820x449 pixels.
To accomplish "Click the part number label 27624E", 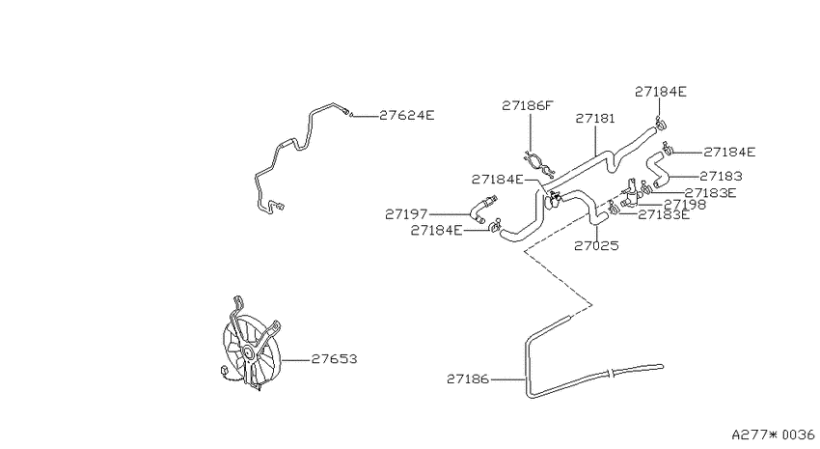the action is pos(406,115).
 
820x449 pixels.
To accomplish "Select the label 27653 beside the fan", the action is pos(334,359).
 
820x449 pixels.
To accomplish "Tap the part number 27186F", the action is pos(527,105).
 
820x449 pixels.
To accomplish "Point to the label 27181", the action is pos(595,119).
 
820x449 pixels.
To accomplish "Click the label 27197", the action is pos(406,214).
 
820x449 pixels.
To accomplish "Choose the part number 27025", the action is pos(596,246).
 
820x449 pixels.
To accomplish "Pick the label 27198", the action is pos(685,205).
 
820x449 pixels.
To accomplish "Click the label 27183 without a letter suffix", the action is pos(721,177).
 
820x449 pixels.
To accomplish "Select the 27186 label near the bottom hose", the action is pos(468,379).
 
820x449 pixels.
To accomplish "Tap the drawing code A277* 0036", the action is pos(773,435).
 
